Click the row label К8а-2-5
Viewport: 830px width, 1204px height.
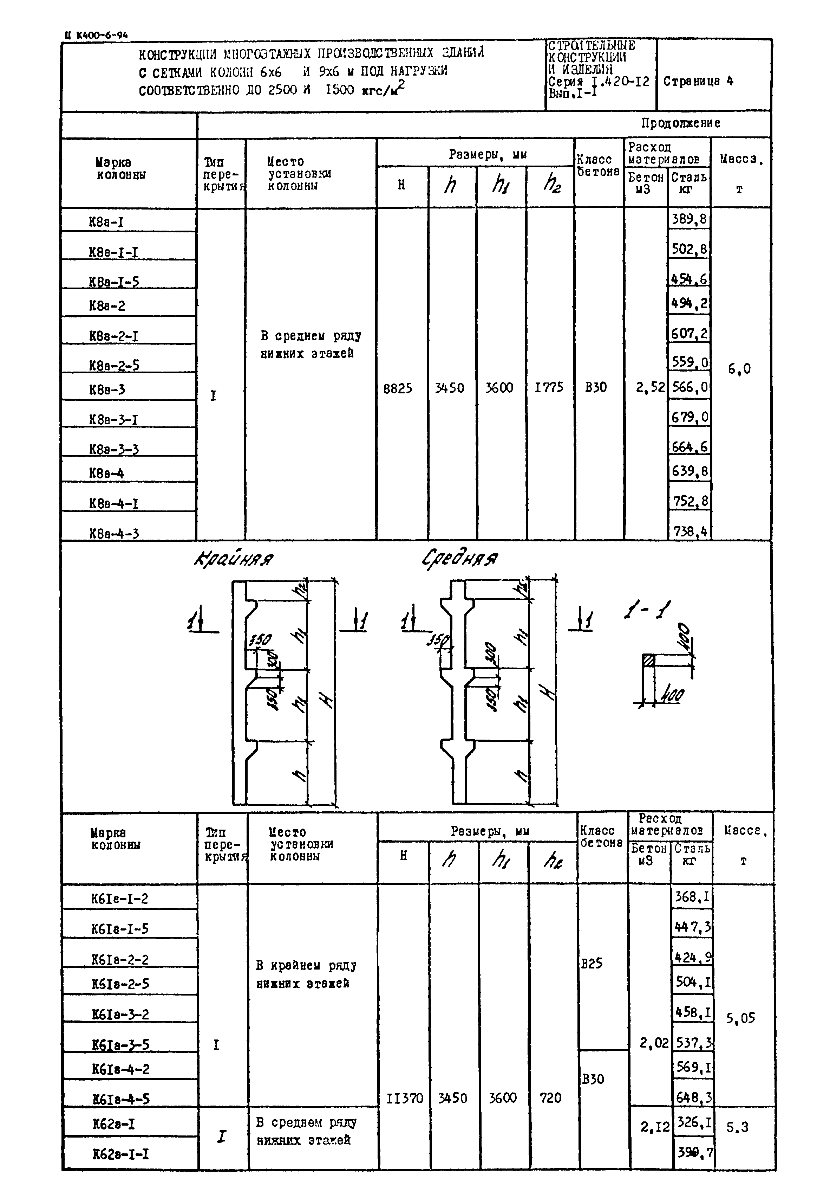tap(114, 365)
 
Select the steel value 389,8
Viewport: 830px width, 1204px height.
tap(689, 219)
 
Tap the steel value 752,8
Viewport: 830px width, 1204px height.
tap(689, 501)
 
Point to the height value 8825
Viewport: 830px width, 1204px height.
tap(398, 388)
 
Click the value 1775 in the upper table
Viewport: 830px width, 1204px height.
tap(549, 388)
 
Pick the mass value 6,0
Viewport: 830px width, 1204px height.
tap(739, 369)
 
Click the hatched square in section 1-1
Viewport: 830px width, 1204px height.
tap(648, 660)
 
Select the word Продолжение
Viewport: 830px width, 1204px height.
tap(680, 123)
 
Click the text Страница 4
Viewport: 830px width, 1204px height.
tap(698, 81)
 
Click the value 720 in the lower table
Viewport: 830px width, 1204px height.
tap(550, 1098)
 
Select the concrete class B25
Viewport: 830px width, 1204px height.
tap(592, 963)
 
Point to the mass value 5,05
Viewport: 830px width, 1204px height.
tap(740, 1018)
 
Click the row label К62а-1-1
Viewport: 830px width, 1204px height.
tap(120, 1154)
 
